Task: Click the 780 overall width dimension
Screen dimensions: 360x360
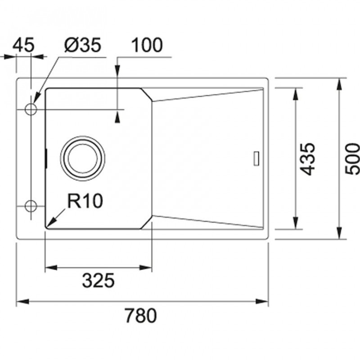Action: [141, 315]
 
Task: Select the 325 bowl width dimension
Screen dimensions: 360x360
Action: [98, 280]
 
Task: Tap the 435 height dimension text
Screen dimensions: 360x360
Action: [307, 159]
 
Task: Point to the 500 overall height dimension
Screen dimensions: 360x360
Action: [353, 159]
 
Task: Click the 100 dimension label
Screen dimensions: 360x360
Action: [147, 45]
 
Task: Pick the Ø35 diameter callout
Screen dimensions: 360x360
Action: [83, 45]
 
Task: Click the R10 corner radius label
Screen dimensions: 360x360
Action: [85, 201]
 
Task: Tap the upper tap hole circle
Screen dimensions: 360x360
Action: [31, 109]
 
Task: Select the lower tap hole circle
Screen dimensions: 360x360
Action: [31, 206]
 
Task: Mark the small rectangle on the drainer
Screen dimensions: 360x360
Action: [256, 158]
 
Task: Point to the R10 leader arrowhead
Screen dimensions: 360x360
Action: [51, 222]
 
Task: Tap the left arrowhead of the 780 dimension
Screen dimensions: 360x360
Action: [23, 301]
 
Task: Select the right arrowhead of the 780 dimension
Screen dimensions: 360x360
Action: [262, 301]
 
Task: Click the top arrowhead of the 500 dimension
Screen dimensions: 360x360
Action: [339, 85]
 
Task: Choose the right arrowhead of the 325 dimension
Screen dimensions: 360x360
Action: [145, 267]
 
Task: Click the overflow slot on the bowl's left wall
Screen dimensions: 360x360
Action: [46, 158]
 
